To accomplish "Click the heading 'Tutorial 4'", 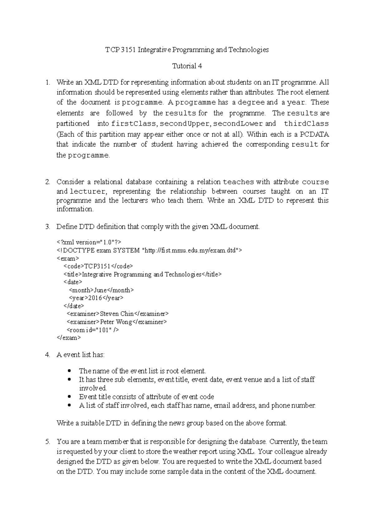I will (x=187, y=66).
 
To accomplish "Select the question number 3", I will (x=47, y=227).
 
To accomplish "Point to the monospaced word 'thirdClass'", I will (x=306, y=124).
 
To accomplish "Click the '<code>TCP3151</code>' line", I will (x=98, y=266).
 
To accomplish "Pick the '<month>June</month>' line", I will (x=101, y=290).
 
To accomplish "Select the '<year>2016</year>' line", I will (x=96, y=298).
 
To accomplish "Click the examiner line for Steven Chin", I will (x=117, y=314).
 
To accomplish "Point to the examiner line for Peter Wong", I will (x=117, y=322).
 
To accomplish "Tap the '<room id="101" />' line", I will (x=93, y=330).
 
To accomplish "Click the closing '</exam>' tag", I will (x=69, y=338).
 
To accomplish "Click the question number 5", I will (x=47, y=442).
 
